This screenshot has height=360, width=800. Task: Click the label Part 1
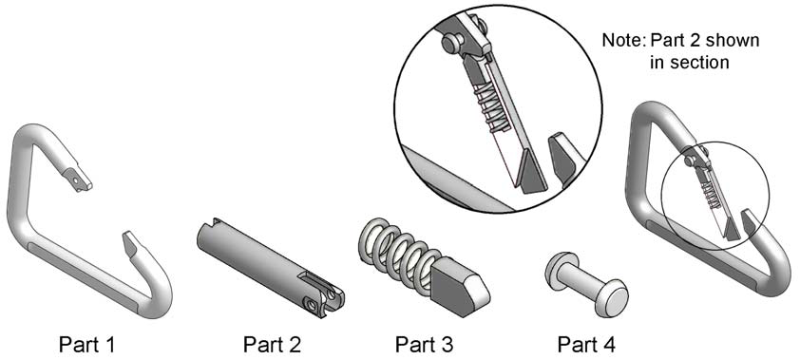pyautogui.click(x=86, y=345)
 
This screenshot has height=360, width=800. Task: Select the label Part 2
pyautogui.click(x=272, y=345)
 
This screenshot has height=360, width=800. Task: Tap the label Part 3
pyautogui.click(x=424, y=345)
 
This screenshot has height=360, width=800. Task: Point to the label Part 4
pyautogui.click(x=586, y=345)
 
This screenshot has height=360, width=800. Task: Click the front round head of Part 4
pyautogui.click(x=611, y=298)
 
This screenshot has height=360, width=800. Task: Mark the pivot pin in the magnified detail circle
pyautogui.click(x=450, y=44)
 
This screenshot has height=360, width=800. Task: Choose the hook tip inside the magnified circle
pyautogui.click(x=562, y=157)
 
